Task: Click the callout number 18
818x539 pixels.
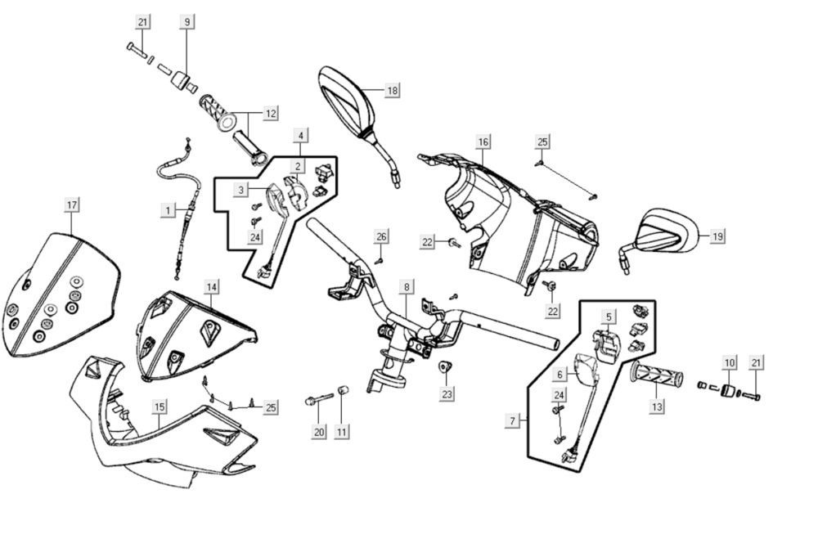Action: tap(393, 90)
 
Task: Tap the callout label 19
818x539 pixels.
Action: tap(717, 236)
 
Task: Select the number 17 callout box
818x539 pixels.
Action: tap(72, 204)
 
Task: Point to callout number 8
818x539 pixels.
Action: tap(406, 287)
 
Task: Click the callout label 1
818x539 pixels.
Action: tap(168, 210)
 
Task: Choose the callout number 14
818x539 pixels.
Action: tap(211, 286)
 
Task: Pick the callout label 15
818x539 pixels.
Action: tap(160, 406)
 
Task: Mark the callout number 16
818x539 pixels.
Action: tap(483, 142)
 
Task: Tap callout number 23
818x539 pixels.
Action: tap(447, 394)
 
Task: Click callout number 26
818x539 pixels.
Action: tap(381, 236)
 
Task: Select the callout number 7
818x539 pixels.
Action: tap(513, 420)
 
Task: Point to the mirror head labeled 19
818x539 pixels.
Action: tap(671, 232)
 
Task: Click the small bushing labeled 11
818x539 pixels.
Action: tap(344, 389)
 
